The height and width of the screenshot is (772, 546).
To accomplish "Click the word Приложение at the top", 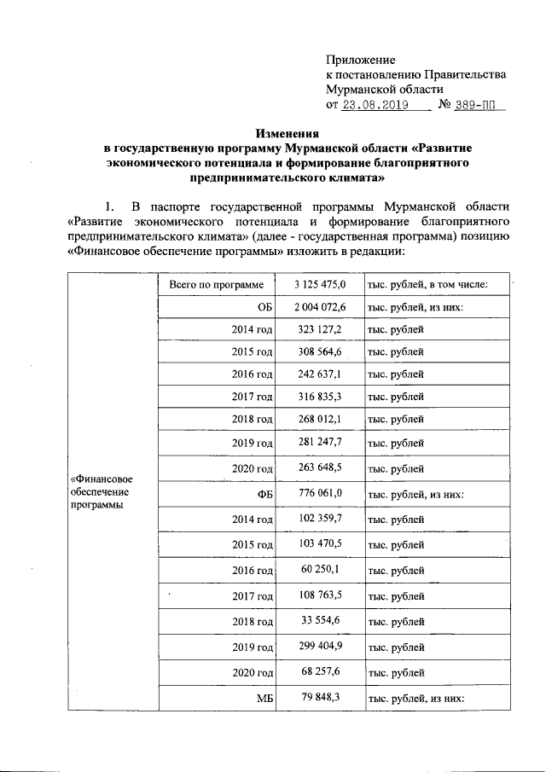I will point(361,60).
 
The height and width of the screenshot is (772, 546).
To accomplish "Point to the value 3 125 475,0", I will point(319,285).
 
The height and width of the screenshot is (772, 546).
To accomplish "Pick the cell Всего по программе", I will point(217,285).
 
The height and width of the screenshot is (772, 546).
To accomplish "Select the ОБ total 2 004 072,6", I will point(319,307).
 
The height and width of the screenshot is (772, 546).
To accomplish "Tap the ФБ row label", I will point(264,495).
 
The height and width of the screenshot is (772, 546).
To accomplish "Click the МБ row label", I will point(264,699).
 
